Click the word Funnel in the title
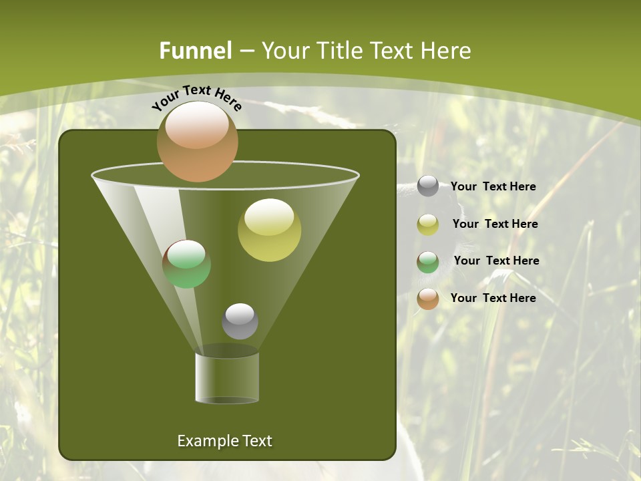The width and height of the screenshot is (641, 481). [x=195, y=51]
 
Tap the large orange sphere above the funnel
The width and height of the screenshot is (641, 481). [x=198, y=142]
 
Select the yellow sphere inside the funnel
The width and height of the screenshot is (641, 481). [x=269, y=230]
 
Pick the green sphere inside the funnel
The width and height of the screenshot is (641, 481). [x=187, y=264]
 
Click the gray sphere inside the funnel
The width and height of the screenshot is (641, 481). [x=240, y=321]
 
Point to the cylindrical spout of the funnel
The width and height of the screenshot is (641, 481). [x=227, y=377]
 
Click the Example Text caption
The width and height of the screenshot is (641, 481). [x=224, y=441]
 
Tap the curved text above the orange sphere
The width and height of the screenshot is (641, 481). [x=196, y=98]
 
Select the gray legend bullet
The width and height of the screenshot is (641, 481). [x=428, y=186]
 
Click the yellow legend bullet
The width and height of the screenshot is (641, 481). [x=428, y=224]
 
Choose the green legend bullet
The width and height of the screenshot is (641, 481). [x=428, y=262]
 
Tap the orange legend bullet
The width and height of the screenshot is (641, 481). [x=428, y=299]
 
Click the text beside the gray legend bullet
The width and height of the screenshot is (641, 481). [x=493, y=187]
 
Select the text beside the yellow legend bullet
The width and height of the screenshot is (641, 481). [x=495, y=224]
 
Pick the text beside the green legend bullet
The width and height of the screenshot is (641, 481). [x=496, y=261]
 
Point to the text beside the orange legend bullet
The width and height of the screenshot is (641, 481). [x=493, y=298]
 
